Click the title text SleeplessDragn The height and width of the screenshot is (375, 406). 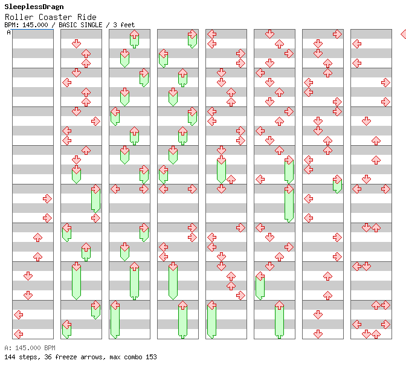pyautogui.click(x=34, y=7)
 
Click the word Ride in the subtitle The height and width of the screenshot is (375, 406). pyautogui.click(x=86, y=17)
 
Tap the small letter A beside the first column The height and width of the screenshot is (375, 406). pyautogui.click(x=8, y=32)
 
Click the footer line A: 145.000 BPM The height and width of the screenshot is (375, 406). pyautogui.click(x=30, y=348)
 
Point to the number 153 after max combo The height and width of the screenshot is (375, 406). pyautogui.click(x=150, y=357)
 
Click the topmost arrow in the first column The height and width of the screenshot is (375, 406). pyautogui.click(x=47, y=198)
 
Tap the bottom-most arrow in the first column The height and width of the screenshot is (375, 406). pyautogui.click(x=18, y=334)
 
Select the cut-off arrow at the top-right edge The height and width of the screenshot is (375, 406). pyautogui.click(x=403, y=34)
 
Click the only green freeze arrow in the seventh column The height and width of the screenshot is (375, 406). pyautogui.click(x=337, y=184)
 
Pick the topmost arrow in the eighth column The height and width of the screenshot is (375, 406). pyautogui.click(x=356, y=44)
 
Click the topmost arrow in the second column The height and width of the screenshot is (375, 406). pyautogui.click(x=76, y=44)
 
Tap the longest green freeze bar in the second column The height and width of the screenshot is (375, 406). pyautogui.click(x=76, y=281)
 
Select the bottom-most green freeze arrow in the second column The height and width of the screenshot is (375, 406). pyautogui.click(x=66, y=329)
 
